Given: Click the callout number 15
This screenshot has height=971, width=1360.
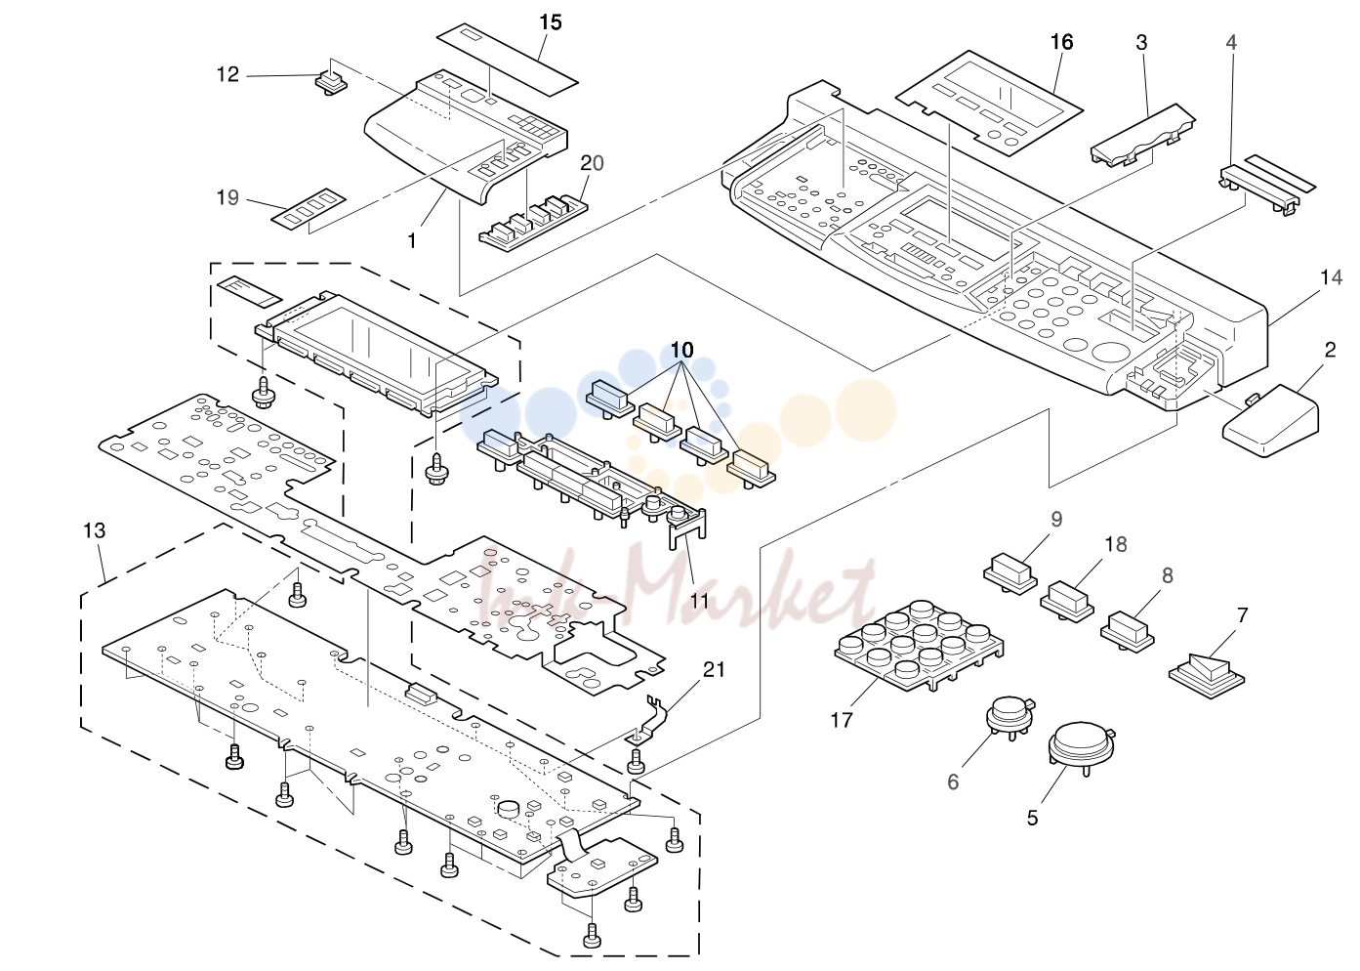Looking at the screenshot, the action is click(x=551, y=22).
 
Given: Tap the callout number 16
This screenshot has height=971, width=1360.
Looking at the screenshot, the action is click(x=1061, y=42).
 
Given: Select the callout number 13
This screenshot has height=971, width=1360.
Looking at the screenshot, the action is click(x=94, y=530).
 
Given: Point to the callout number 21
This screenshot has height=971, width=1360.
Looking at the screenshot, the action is click(x=714, y=669).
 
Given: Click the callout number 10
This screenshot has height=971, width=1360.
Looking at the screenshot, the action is click(x=681, y=350).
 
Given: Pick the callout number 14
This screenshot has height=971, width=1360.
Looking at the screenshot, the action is click(x=1331, y=277).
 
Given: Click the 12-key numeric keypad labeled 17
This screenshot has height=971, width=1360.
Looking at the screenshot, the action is click(x=919, y=647).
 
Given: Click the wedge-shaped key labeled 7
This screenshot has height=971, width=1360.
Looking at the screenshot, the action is click(x=1206, y=675).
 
